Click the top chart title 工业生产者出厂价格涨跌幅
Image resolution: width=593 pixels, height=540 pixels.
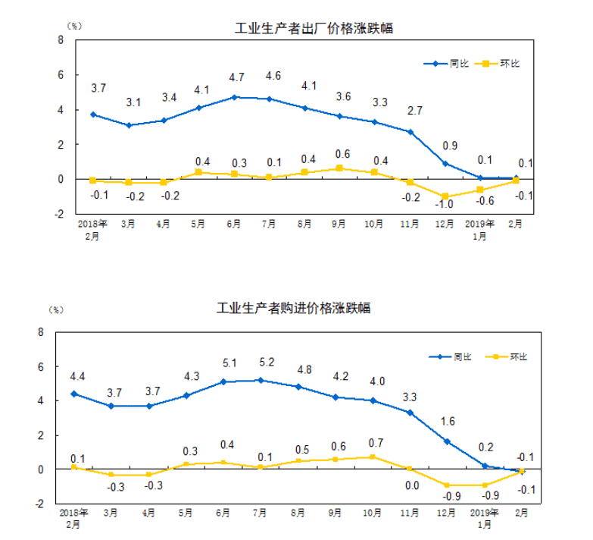coord(315,29)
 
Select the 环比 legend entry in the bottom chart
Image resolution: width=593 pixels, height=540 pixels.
coord(508,356)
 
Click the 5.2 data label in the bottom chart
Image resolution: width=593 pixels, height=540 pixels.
coord(260,362)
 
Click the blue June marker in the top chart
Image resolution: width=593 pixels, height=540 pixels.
coord(235,97)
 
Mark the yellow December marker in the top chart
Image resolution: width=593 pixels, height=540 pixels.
coord(445,196)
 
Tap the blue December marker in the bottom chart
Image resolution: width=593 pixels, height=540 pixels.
coord(447,441)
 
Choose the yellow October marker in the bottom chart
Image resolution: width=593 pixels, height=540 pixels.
coord(373,457)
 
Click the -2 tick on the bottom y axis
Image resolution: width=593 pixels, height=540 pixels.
coord(42,504)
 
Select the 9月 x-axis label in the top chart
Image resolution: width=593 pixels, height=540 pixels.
coord(339,224)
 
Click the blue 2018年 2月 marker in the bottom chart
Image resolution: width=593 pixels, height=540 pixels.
coord(73,394)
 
